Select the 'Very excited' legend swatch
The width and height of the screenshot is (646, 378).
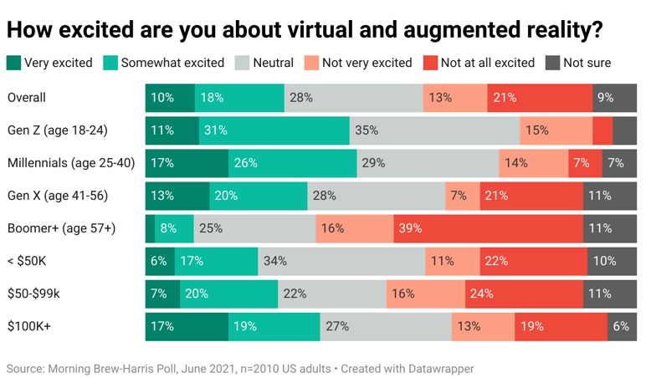(13, 63)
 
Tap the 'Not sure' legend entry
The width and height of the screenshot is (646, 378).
(578, 63)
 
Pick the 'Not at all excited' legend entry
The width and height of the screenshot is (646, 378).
(479, 63)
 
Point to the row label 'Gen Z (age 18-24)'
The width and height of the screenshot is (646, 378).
(58, 130)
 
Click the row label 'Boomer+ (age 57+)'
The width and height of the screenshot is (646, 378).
(61, 228)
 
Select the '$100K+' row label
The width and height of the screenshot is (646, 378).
(29, 326)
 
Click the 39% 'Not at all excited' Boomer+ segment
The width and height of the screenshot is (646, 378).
(488, 228)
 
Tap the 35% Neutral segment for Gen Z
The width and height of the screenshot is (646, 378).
(434, 130)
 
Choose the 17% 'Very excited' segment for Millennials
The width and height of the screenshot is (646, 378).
(187, 163)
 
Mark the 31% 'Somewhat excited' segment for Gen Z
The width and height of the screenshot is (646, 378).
(274, 130)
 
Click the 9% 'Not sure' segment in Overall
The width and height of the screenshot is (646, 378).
(614, 98)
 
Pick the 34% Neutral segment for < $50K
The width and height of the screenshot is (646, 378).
(341, 261)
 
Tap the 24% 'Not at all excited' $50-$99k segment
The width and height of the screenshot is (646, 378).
(524, 294)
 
